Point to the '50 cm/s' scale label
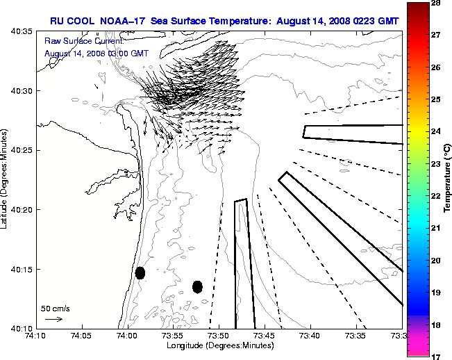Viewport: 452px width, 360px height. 54,308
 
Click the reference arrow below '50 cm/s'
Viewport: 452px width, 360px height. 53,319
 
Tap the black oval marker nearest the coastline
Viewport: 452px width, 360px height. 140,272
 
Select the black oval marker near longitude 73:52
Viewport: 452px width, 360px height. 197,286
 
